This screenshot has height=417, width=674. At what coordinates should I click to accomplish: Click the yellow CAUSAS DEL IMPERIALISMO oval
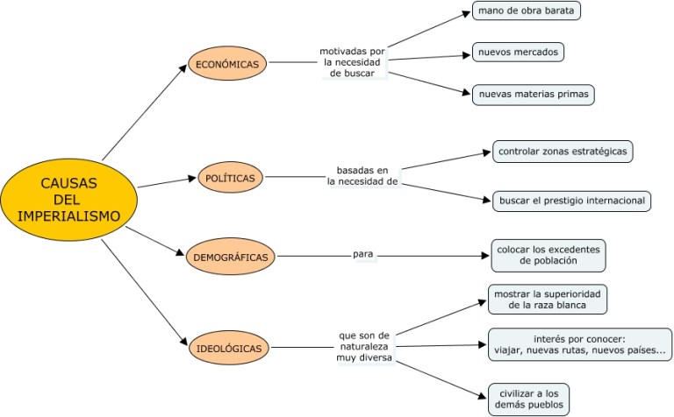(68, 200)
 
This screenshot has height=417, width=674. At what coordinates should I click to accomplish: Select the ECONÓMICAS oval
(226, 64)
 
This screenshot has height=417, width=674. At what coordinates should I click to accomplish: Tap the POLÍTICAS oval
(230, 178)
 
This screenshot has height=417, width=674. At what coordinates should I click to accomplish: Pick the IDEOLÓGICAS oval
(229, 348)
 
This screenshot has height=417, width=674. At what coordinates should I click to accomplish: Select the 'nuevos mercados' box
(517, 53)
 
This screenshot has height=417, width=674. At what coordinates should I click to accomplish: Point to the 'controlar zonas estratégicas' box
(563, 152)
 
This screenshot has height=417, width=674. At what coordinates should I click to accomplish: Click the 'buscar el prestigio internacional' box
(571, 201)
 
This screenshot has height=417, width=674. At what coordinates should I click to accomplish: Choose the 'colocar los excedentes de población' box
(548, 254)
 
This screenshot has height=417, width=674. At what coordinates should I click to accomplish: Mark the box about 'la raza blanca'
(548, 298)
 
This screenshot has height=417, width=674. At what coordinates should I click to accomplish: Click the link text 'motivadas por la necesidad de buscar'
(354, 62)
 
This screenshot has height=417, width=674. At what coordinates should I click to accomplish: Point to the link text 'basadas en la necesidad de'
(362, 175)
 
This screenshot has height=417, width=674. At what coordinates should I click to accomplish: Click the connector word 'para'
(363, 254)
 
